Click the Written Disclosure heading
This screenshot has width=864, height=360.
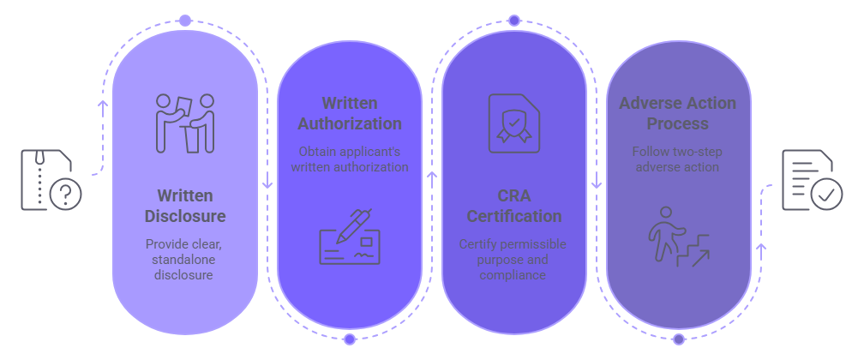coord(185,206)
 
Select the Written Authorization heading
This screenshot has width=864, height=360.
coord(350,113)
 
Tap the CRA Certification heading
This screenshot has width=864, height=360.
coord(514,206)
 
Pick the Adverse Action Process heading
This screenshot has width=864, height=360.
coord(678,113)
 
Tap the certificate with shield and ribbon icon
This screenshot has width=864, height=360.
coord(514,123)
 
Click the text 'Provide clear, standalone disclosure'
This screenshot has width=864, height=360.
coord(185,259)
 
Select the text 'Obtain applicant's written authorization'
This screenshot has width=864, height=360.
coord(350,159)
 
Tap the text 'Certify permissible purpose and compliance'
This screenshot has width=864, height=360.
coord(514,259)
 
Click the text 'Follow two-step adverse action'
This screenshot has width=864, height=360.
coord(678,159)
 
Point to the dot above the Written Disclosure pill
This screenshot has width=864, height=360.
coord(185,20)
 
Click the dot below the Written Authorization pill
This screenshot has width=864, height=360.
coord(350,339)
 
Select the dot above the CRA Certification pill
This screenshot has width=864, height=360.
coord(514,20)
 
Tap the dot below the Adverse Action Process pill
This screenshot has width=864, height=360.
coord(678,339)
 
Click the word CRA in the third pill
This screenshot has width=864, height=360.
coord(514,195)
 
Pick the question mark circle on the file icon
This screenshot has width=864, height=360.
coord(65,195)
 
